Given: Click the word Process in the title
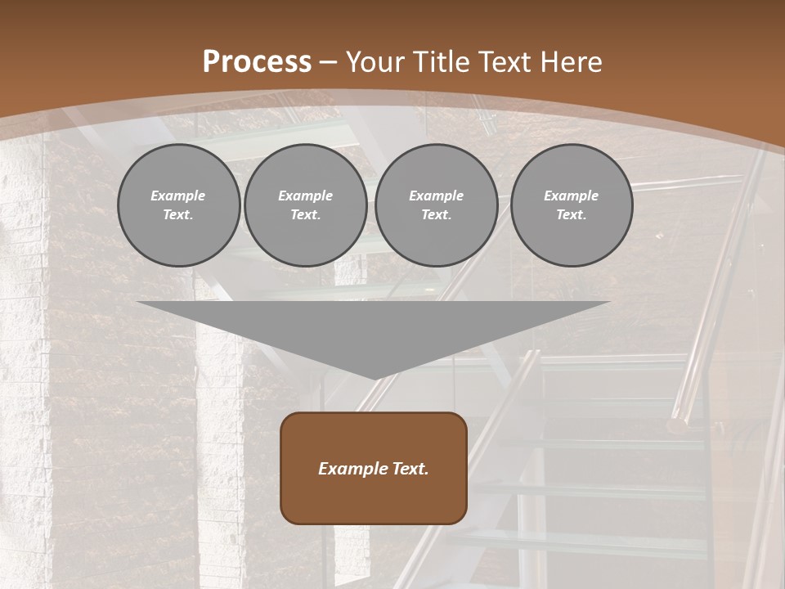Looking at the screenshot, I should [x=257, y=62].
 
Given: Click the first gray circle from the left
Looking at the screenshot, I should [x=178, y=205].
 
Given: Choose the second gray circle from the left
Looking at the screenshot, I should [x=305, y=205].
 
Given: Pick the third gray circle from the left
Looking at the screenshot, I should [x=436, y=205].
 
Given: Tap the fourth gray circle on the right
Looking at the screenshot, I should [x=571, y=205].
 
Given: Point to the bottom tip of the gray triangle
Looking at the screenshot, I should [x=375, y=378].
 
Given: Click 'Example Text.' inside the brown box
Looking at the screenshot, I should [x=374, y=469].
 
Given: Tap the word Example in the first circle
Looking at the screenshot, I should [x=178, y=196].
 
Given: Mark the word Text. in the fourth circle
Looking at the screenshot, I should [x=571, y=215].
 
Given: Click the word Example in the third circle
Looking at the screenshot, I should [x=436, y=196].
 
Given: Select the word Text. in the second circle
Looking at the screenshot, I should [x=305, y=215].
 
